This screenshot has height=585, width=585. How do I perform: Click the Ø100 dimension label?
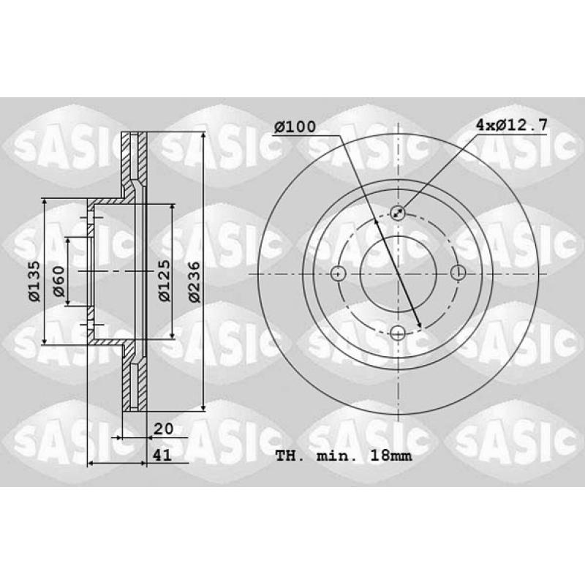click(x=295, y=127)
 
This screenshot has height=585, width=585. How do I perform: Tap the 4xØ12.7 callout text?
click(x=511, y=124)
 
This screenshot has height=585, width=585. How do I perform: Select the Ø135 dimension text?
click(x=34, y=281)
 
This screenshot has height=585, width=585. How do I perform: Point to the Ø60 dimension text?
click(x=59, y=281)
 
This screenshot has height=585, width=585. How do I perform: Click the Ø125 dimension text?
click(x=164, y=281)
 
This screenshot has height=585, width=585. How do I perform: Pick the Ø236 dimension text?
click(x=195, y=282)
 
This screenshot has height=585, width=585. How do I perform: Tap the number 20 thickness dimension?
click(x=163, y=429)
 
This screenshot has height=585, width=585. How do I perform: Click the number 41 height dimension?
click(x=162, y=455)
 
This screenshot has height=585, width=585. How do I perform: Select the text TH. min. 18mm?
click(x=344, y=456)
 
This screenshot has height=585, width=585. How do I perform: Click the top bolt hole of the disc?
click(x=398, y=213)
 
